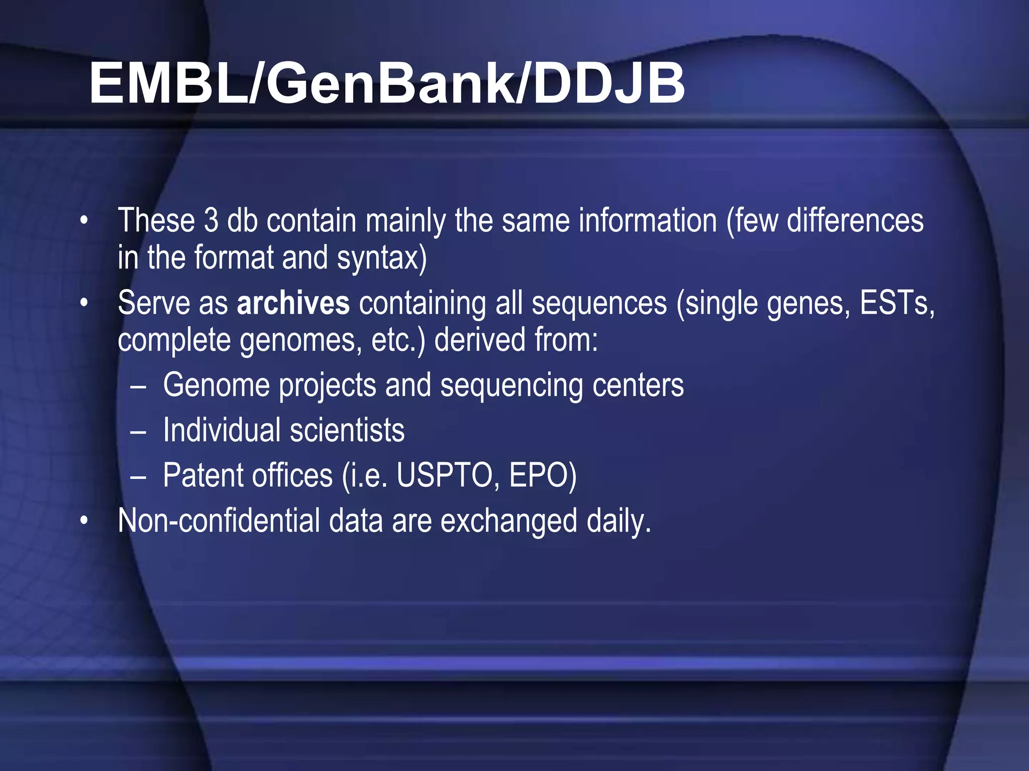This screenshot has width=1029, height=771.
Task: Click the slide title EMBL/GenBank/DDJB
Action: (x=387, y=83)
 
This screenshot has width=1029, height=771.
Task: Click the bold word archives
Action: (x=293, y=303)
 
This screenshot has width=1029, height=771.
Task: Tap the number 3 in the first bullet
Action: (x=211, y=221)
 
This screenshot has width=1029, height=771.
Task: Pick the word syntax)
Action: (x=381, y=258)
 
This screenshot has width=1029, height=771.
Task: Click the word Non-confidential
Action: (x=219, y=521)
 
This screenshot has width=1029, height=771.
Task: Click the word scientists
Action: (x=347, y=431)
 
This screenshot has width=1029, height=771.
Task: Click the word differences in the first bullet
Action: (x=855, y=221)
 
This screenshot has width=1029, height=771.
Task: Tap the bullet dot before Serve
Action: (x=84, y=303)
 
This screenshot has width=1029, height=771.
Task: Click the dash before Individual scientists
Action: (x=138, y=432)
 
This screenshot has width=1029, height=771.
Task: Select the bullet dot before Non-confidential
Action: (x=84, y=521)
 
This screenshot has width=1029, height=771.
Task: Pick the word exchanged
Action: (x=508, y=522)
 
